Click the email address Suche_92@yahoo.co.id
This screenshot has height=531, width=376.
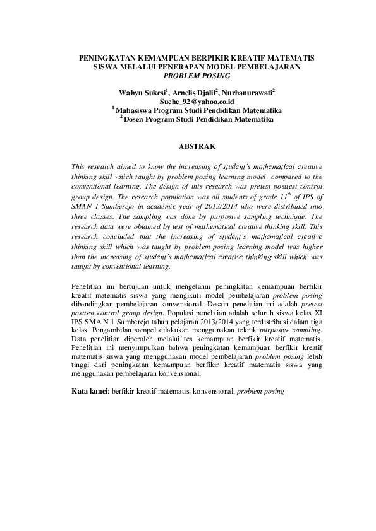click(x=188, y=100)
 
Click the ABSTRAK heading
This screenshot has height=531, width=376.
click(x=188, y=147)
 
